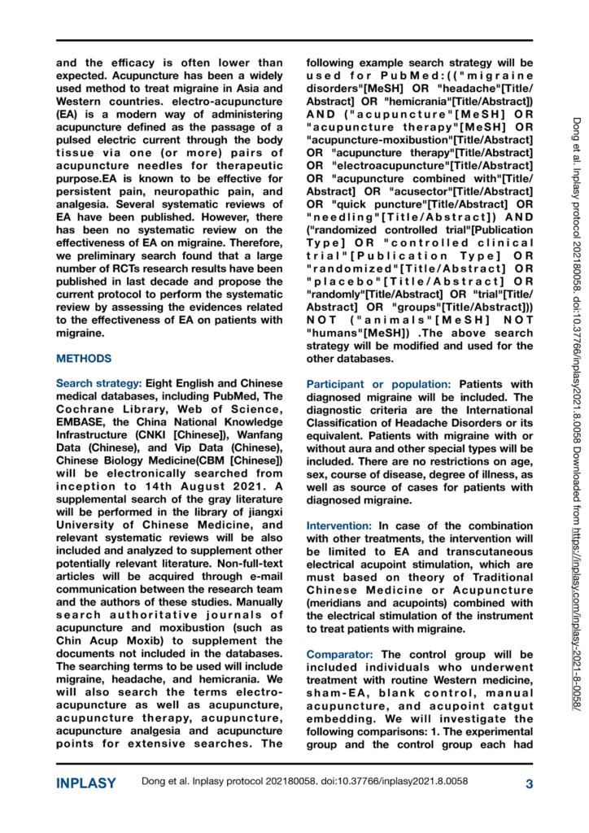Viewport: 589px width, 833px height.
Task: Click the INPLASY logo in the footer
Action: [x=85, y=784]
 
